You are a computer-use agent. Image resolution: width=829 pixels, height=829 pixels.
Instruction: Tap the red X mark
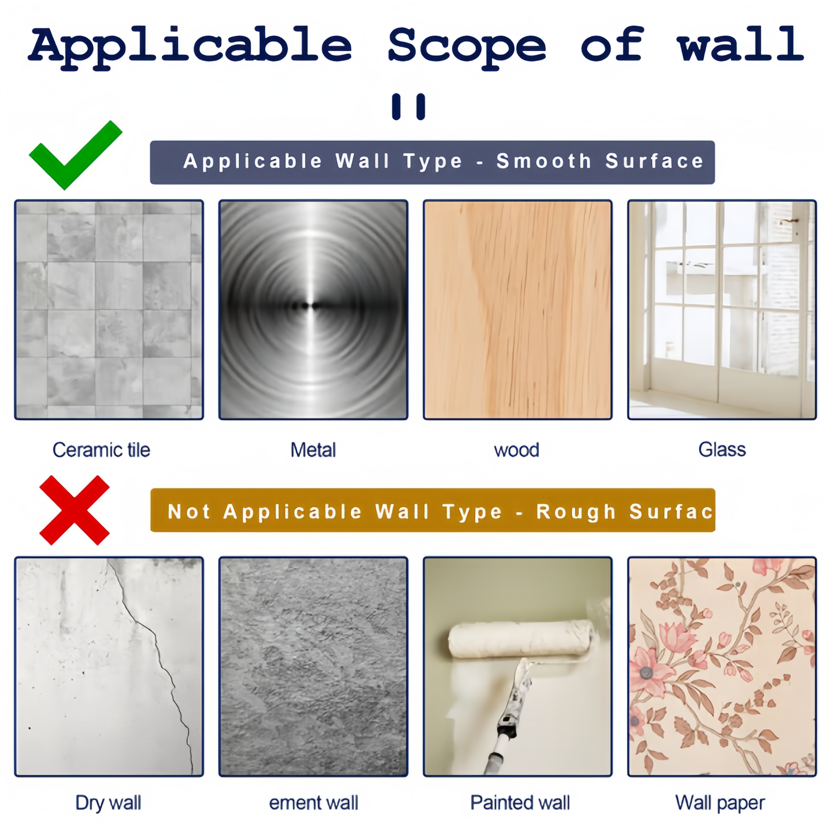[74, 510]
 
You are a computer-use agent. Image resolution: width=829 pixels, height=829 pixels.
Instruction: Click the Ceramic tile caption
[101, 450]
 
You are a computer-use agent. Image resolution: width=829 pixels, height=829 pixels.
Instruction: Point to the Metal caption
[313, 450]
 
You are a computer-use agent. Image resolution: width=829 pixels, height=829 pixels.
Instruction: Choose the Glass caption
[722, 450]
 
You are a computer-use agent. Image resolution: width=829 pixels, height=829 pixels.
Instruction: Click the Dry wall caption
[108, 803]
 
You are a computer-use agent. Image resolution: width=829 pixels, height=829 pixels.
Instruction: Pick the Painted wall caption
[520, 803]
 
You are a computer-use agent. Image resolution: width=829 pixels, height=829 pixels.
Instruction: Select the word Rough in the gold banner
[576, 512]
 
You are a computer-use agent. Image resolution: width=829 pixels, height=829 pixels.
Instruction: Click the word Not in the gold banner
[189, 512]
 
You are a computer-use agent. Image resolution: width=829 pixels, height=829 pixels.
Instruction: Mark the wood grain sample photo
[517, 310]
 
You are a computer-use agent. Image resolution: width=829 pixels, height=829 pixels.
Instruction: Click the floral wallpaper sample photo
[722, 666]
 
